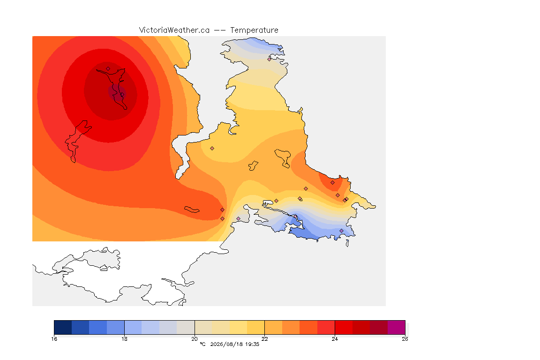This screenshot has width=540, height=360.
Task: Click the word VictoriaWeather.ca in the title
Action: coord(174,30)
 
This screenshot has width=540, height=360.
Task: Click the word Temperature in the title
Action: coord(254,30)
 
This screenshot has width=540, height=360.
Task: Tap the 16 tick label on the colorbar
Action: coord(54,339)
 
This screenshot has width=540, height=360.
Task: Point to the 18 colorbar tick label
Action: coord(124,339)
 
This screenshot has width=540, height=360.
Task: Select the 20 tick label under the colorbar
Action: coord(195,339)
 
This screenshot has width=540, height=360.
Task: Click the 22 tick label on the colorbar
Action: coord(264,339)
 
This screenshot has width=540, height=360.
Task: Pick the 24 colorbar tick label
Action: coord(335,339)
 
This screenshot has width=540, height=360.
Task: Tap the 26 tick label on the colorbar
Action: coord(405,339)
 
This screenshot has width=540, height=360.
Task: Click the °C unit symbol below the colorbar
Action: coord(202,344)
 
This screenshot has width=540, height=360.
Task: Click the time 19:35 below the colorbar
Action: coord(252,344)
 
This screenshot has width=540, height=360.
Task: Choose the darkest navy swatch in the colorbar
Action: coord(63,327)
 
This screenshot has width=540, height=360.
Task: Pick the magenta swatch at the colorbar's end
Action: coord(397,327)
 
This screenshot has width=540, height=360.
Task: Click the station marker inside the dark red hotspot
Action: coord(108,69)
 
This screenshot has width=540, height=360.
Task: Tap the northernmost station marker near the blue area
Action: coord(270,59)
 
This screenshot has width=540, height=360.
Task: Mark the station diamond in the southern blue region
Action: coord(341,231)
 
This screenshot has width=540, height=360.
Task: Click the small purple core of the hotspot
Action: coord(117,93)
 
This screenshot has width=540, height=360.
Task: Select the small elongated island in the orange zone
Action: coord(192,210)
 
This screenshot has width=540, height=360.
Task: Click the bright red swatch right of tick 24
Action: coord(344,327)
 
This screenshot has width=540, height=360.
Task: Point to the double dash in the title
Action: coord(220,30)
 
